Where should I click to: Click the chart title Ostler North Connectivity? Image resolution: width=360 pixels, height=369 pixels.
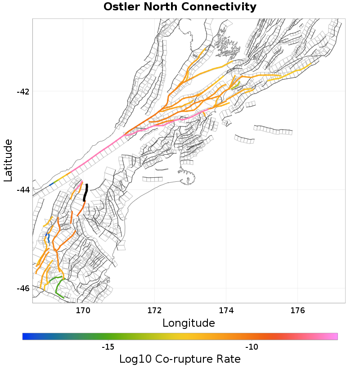pos(180,7)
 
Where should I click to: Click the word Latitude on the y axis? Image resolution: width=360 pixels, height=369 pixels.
pos(8,160)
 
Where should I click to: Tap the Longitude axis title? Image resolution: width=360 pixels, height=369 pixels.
pos(189,323)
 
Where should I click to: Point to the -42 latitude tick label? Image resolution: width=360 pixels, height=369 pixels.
pos(23,92)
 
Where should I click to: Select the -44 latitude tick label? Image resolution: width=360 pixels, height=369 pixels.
pos(23,190)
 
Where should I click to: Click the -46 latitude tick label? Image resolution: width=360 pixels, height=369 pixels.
pos(23,288)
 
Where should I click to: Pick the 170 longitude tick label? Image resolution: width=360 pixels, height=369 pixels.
pos(83,310)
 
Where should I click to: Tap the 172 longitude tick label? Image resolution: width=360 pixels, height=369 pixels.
pos(154,310)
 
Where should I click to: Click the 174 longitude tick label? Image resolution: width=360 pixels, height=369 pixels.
pos(226,310)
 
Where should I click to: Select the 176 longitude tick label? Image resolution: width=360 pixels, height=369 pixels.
pos(297,310)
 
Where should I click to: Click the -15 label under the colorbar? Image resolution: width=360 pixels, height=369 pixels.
pos(108,347)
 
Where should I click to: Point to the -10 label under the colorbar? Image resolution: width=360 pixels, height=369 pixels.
pos(252,347)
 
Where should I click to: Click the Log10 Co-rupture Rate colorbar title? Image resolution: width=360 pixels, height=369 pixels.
pos(180,359)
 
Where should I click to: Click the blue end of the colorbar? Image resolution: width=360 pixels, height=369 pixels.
pos(25,336)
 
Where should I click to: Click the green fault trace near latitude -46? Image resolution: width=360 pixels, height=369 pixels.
pos(57,288)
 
